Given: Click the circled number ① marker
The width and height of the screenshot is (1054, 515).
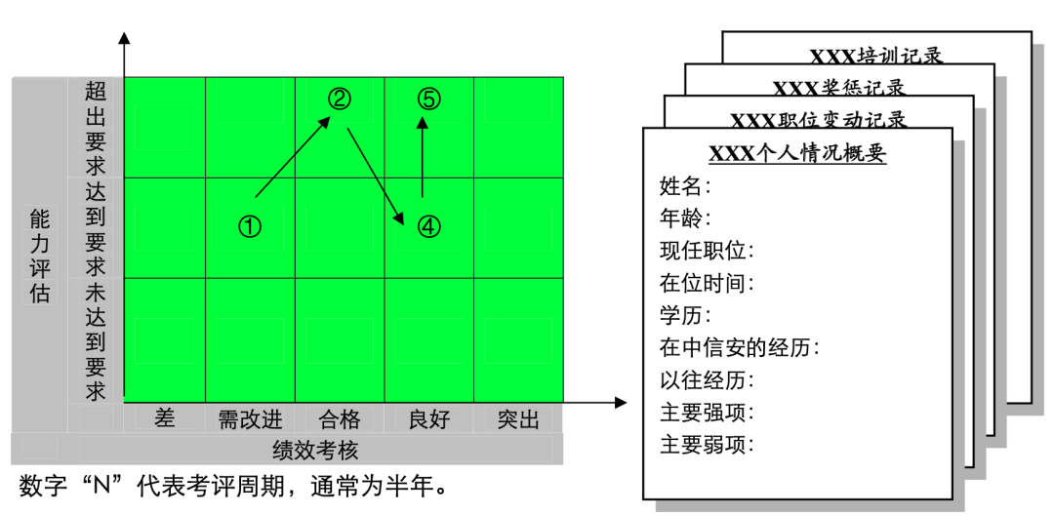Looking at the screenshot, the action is [x=250, y=226].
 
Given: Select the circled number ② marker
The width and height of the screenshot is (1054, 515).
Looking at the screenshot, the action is [x=339, y=99].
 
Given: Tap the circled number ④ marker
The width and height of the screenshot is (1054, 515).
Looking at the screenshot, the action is [x=429, y=226].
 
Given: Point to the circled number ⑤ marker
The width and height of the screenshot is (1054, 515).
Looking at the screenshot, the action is [x=429, y=99].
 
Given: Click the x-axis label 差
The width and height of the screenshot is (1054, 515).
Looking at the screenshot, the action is [x=165, y=418].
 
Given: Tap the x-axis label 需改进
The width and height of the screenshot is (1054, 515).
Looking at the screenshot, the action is [x=250, y=419].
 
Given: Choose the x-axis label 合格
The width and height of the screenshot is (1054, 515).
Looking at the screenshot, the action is [x=340, y=419].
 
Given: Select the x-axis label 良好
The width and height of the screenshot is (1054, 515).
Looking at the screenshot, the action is [x=429, y=419].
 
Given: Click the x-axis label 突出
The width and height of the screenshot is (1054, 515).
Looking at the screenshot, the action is [x=518, y=419].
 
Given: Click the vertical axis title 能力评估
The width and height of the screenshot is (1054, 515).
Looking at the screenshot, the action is [x=39, y=257].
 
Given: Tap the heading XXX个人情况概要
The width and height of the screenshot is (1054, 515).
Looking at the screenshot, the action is [x=797, y=153].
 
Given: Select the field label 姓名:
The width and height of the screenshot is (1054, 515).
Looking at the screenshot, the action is [x=686, y=185].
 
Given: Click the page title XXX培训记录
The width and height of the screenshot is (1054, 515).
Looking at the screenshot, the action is [x=876, y=56].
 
